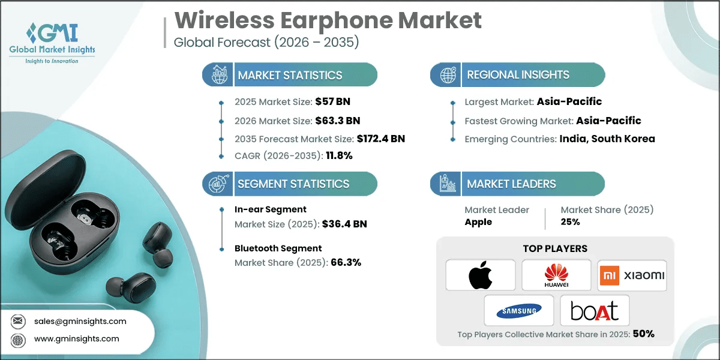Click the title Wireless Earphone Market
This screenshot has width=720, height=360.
click(328, 20)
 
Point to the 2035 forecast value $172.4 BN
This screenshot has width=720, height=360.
click(371, 139)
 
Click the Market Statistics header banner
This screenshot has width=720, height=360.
click(290, 75)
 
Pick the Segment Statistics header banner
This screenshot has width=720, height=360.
click(290, 184)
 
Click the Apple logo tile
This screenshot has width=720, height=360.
click(481, 275)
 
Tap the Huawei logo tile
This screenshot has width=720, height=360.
click(556, 275)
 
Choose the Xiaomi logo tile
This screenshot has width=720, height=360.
click(632, 275)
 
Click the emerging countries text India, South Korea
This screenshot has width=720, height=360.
click(607, 139)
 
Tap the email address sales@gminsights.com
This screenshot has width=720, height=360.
click(80, 321)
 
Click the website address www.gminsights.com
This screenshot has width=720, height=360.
click(76, 339)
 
